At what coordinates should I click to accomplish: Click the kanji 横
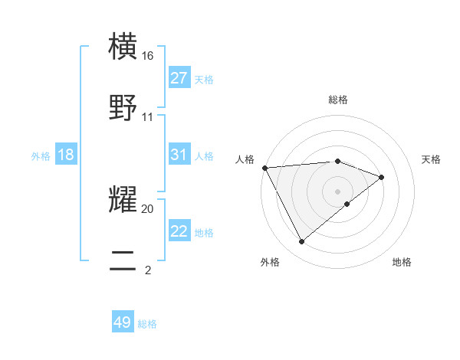click(x=123, y=47)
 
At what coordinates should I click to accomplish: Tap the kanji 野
click(x=123, y=107)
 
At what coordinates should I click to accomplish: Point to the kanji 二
click(x=123, y=260)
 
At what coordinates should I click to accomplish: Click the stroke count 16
click(x=148, y=56)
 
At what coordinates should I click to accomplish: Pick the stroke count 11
click(x=148, y=117)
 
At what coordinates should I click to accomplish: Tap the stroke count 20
click(x=148, y=208)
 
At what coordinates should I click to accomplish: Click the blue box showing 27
click(x=179, y=78)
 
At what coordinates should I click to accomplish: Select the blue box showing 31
click(x=179, y=155)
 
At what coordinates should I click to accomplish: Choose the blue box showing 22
click(x=179, y=231)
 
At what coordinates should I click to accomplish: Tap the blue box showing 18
click(x=66, y=155)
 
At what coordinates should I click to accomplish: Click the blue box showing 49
click(x=123, y=322)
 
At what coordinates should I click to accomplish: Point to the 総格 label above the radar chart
click(x=338, y=100)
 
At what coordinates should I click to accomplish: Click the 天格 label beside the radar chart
click(x=432, y=159)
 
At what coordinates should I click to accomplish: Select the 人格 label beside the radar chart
click(x=245, y=159)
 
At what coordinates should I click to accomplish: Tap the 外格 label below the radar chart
click(x=270, y=262)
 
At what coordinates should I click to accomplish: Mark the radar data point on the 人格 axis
click(x=264, y=168)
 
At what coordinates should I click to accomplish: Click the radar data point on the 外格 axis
click(x=301, y=242)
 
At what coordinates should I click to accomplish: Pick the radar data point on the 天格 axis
click(x=382, y=177)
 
